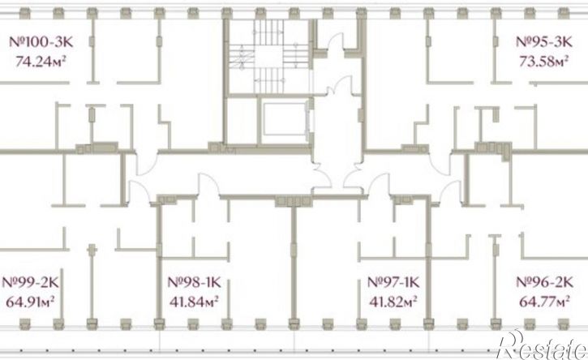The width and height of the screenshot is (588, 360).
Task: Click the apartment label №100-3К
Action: pyautogui.click(x=41, y=41)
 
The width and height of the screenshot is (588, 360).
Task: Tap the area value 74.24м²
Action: pyautogui.click(x=41, y=61)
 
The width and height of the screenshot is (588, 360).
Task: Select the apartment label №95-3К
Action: pyautogui.click(x=544, y=41)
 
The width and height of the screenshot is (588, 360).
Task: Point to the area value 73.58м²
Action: pyautogui.click(x=543, y=61)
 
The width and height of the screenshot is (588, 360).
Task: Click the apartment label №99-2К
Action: pyautogui.click(x=30, y=282)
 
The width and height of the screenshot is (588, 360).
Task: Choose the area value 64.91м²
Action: pyautogui.click(x=31, y=302)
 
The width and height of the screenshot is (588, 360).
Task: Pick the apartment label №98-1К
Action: pyautogui.click(x=195, y=282)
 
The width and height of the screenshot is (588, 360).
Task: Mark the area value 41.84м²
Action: pyautogui.click(x=195, y=302)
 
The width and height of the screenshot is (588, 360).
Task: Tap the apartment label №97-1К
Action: pyautogui.click(x=393, y=282)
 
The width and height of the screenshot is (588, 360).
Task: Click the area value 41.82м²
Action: pyautogui.click(x=393, y=302)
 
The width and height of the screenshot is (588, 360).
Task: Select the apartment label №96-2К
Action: pyautogui.click(x=545, y=282)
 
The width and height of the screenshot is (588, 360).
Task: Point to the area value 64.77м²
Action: pyautogui.click(x=545, y=302)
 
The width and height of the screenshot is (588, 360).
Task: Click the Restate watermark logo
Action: pyautogui.click(x=542, y=345)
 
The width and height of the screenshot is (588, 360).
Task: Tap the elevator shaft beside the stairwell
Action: pyautogui.click(x=285, y=119)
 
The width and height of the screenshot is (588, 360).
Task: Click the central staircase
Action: pyautogui.click(x=269, y=56)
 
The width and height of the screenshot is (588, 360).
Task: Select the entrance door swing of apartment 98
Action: pyautogui.click(x=208, y=184)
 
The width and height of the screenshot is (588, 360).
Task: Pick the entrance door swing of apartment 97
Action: pyautogui.click(x=379, y=184)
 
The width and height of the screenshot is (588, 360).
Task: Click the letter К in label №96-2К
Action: pyautogui.click(x=568, y=282)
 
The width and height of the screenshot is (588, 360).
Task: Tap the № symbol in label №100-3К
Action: pyautogui.click(x=18, y=41)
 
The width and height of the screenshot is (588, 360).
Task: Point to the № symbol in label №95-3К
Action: pyautogui.click(x=524, y=41)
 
